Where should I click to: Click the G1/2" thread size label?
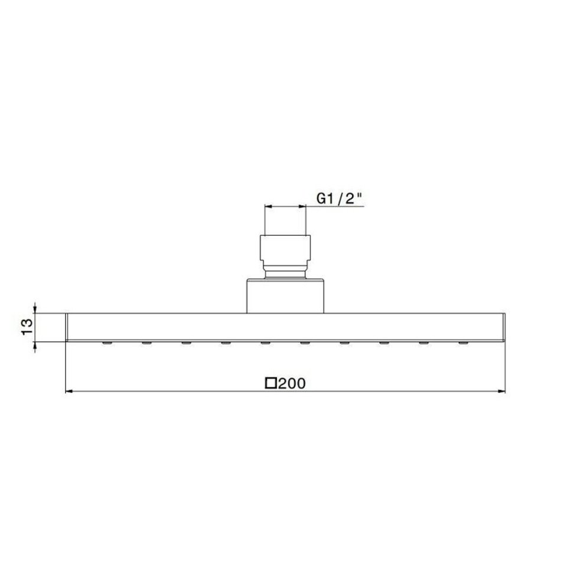click(338, 198)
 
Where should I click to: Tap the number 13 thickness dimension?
click(28, 327)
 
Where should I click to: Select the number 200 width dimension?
click(292, 383)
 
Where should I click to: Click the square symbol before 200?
click(271, 383)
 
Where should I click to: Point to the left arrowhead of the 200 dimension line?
click(70, 392)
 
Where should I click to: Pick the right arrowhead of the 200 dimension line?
click(501, 392)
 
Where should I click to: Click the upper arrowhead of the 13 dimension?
click(35, 309)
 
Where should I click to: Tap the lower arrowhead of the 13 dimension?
click(35, 346)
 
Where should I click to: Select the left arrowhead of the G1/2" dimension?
click(268, 207)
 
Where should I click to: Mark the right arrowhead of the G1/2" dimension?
click(302, 207)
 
